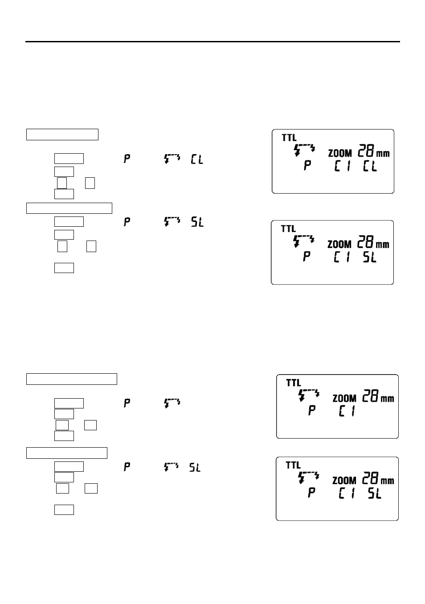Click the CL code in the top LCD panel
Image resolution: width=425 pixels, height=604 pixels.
[x=369, y=166]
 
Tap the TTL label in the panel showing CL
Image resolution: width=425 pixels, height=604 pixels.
[x=289, y=138]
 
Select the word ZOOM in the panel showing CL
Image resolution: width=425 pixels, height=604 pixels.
[x=340, y=153]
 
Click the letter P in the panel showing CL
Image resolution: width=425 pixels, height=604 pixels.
[x=307, y=166]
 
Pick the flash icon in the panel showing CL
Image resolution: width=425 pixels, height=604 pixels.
[x=305, y=149]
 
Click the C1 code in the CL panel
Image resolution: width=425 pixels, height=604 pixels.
[x=342, y=166]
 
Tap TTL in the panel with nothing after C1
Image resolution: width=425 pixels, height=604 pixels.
[x=294, y=383]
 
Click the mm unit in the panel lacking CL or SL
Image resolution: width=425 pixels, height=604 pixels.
[x=387, y=398]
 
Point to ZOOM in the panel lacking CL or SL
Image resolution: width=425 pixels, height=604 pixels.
[x=344, y=398]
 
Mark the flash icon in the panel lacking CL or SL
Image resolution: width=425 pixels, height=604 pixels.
[x=309, y=395]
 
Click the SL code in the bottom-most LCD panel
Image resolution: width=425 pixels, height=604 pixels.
[x=374, y=493]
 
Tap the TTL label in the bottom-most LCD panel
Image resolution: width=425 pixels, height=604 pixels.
[x=293, y=465]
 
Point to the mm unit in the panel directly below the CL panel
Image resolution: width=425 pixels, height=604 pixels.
[x=382, y=245]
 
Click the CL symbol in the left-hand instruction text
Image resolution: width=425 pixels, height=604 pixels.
[x=196, y=159]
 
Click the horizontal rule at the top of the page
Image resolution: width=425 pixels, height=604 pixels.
[x=212, y=42]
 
